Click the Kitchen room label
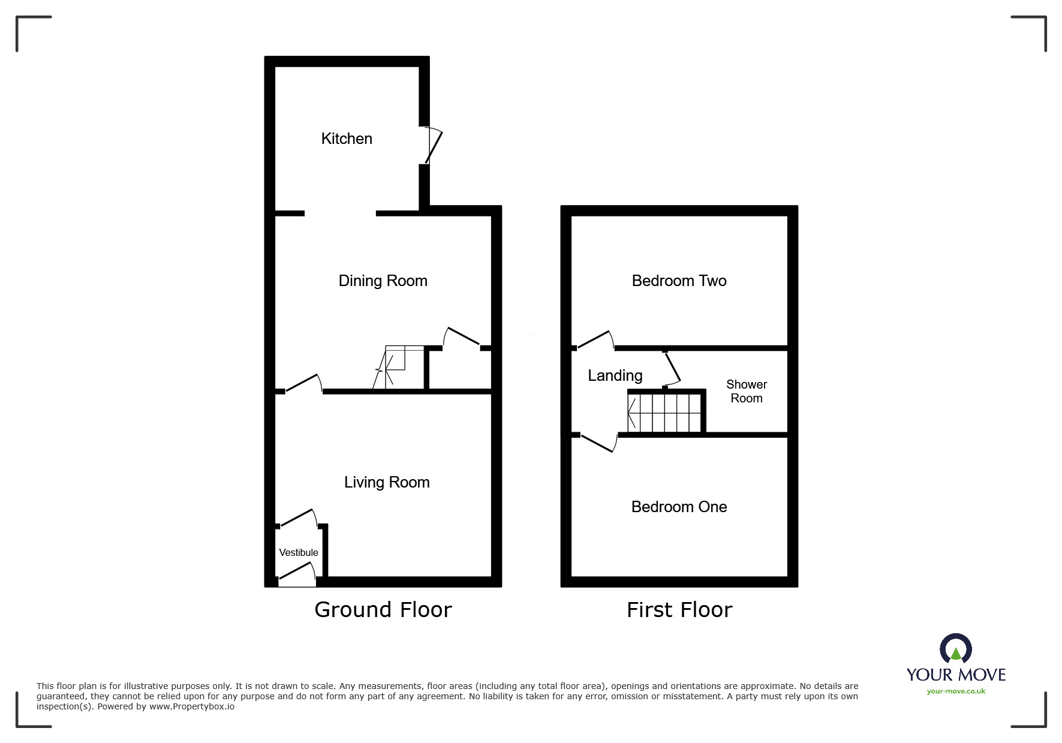(x=347, y=139)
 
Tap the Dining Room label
(x=383, y=281)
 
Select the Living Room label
(x=387, y=482)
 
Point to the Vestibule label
(x=299, y=552)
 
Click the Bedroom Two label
(x=679, y=281)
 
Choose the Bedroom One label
(x=679, y=507)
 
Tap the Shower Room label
(x=746, y=391)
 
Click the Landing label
(x=615, y=375)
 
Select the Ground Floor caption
(x=383, y=609)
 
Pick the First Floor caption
(x=679, y=610)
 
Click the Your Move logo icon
(x=955, y=649)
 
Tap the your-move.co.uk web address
(x=956, y=691)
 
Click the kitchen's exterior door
(x=433, y=145)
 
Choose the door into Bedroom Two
(x=595, y=340)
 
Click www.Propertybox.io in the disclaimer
(x=191, y=706)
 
